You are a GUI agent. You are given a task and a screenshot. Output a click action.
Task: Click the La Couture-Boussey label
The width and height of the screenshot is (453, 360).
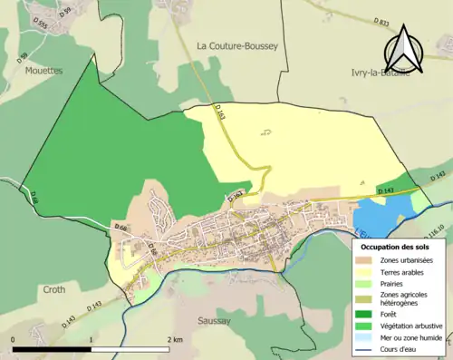[237, 44]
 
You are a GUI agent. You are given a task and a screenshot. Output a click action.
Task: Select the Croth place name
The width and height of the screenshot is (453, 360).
[54, 290]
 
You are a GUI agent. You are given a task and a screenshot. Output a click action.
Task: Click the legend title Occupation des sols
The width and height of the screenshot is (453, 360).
[397, 246]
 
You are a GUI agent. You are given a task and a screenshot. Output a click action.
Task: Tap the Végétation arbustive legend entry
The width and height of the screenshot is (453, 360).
[405, 327]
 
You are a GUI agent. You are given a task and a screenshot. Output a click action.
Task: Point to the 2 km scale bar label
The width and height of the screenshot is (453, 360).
[174, 338]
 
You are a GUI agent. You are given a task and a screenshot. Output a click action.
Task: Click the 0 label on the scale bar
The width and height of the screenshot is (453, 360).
[13, 338]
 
